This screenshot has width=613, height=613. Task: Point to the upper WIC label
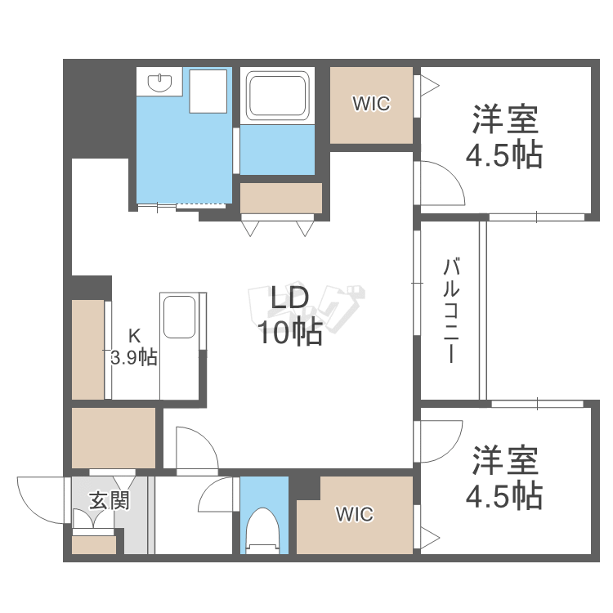(x=371, y=104)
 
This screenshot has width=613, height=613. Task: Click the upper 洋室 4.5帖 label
(x=504, y=136)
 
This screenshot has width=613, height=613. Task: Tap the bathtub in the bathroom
(x=278, y=96)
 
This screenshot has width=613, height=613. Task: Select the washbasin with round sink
(x=160, y=82)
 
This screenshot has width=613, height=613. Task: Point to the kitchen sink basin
(x=179, y=317)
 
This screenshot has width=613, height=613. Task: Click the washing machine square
(x=208, y=91)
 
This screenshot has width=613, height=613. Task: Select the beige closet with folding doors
(x=280, y=199)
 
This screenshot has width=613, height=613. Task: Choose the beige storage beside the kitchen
(x=87, y=350)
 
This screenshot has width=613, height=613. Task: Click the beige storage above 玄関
(x=113, y=437)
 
